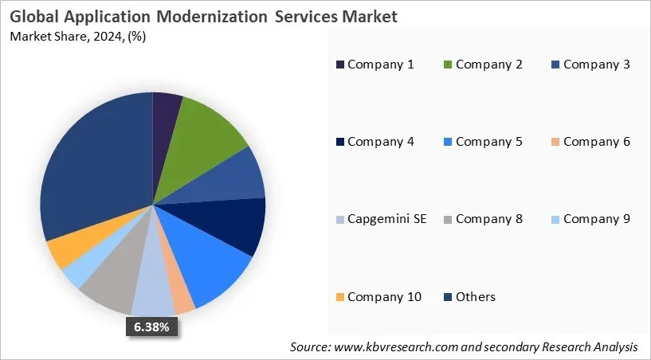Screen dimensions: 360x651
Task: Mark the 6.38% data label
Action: pyautogui.click(x=151, y=327)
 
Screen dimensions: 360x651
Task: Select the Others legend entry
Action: pyautogui.click(x=475, y=296)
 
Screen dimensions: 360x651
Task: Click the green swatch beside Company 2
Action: pyautogui.click(x=448, y=65)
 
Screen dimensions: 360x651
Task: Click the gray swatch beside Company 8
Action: pyautogui.click(x=448, y=219)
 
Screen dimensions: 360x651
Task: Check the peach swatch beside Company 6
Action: pyautogui.click(x=555, y=142)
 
